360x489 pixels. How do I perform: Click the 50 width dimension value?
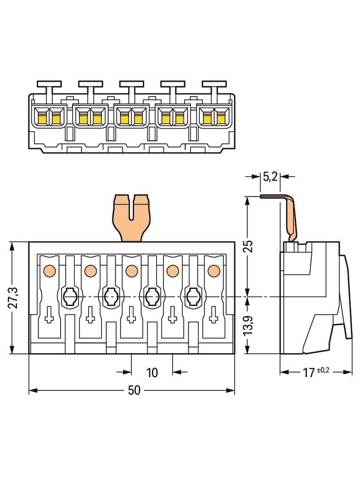point(134,390)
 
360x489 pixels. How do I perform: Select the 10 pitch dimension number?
point(152,372)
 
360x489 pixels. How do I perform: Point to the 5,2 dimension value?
point(270,176)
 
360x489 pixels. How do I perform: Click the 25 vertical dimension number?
point(248,246)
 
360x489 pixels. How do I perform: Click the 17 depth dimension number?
point(308,372)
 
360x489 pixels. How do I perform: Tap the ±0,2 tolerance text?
point(323,370)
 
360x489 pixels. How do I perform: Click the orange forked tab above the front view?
point(132,217)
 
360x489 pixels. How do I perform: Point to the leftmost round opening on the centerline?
point(69,297)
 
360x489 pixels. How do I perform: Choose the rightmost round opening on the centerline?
point(192,297)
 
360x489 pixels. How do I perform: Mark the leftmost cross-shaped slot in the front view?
point(50,315)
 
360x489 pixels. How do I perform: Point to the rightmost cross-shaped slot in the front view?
point(213,315)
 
